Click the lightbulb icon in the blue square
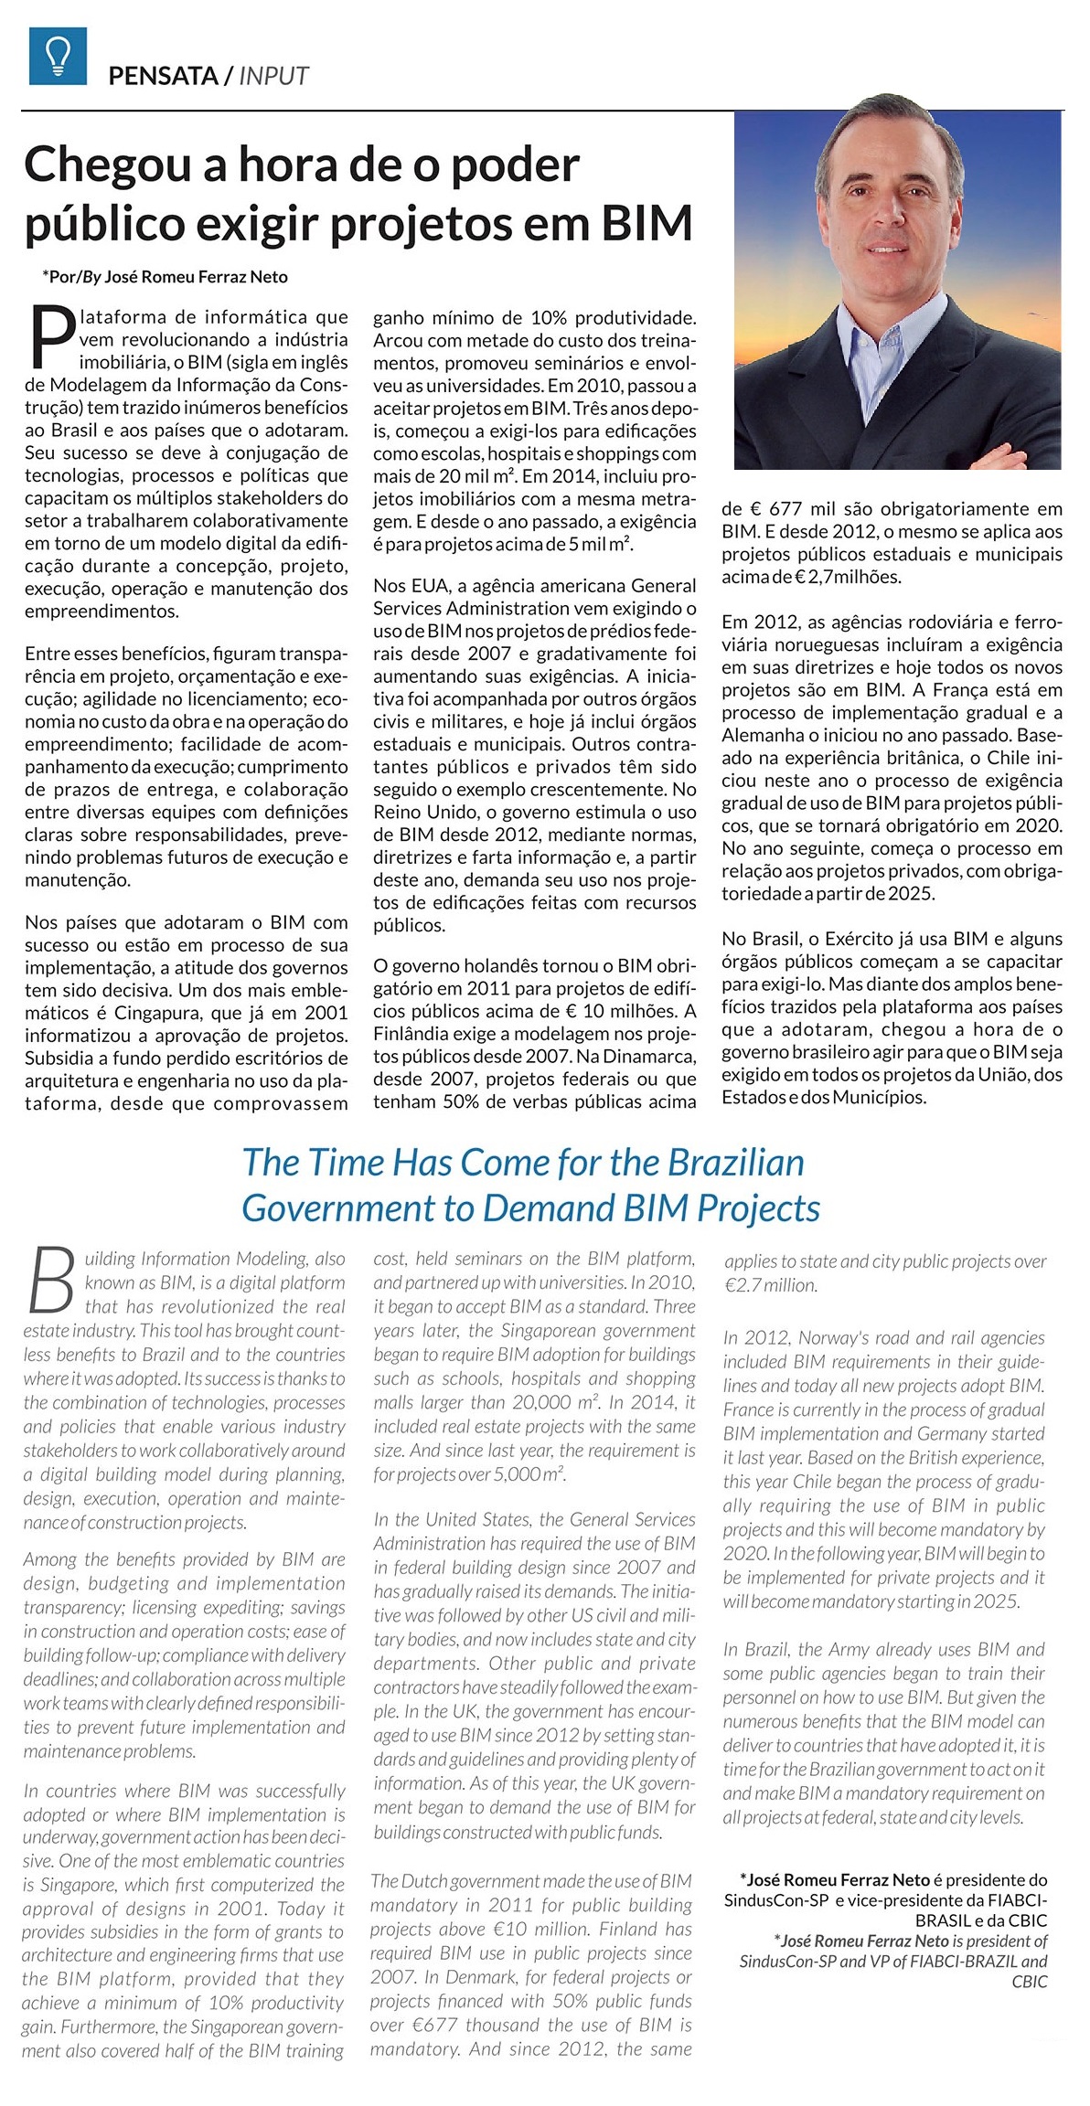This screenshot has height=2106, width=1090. (58, 56)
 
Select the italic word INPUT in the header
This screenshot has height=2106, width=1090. (273, 76)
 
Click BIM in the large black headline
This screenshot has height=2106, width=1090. (646, 222)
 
